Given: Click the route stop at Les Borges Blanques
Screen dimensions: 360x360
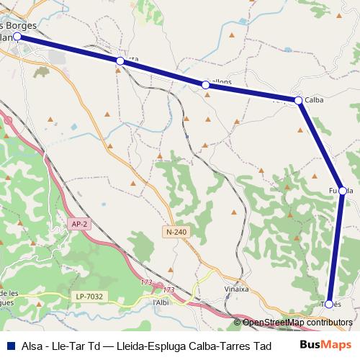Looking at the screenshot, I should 17,35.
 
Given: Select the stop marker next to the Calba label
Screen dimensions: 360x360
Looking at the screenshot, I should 298,100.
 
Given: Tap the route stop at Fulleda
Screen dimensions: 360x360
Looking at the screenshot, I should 343,191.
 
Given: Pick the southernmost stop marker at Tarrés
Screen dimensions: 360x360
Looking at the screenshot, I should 329,304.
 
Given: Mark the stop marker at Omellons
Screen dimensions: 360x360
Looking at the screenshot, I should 206,85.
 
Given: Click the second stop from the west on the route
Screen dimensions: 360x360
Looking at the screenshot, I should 120,61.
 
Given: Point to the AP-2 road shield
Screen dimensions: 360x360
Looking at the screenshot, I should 79,224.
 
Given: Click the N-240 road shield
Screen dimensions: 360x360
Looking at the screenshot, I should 176,232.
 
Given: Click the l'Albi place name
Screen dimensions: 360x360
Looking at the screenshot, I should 161,302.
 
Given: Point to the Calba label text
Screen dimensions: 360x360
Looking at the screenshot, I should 315,100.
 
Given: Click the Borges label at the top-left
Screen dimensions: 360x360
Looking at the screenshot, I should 42,25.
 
